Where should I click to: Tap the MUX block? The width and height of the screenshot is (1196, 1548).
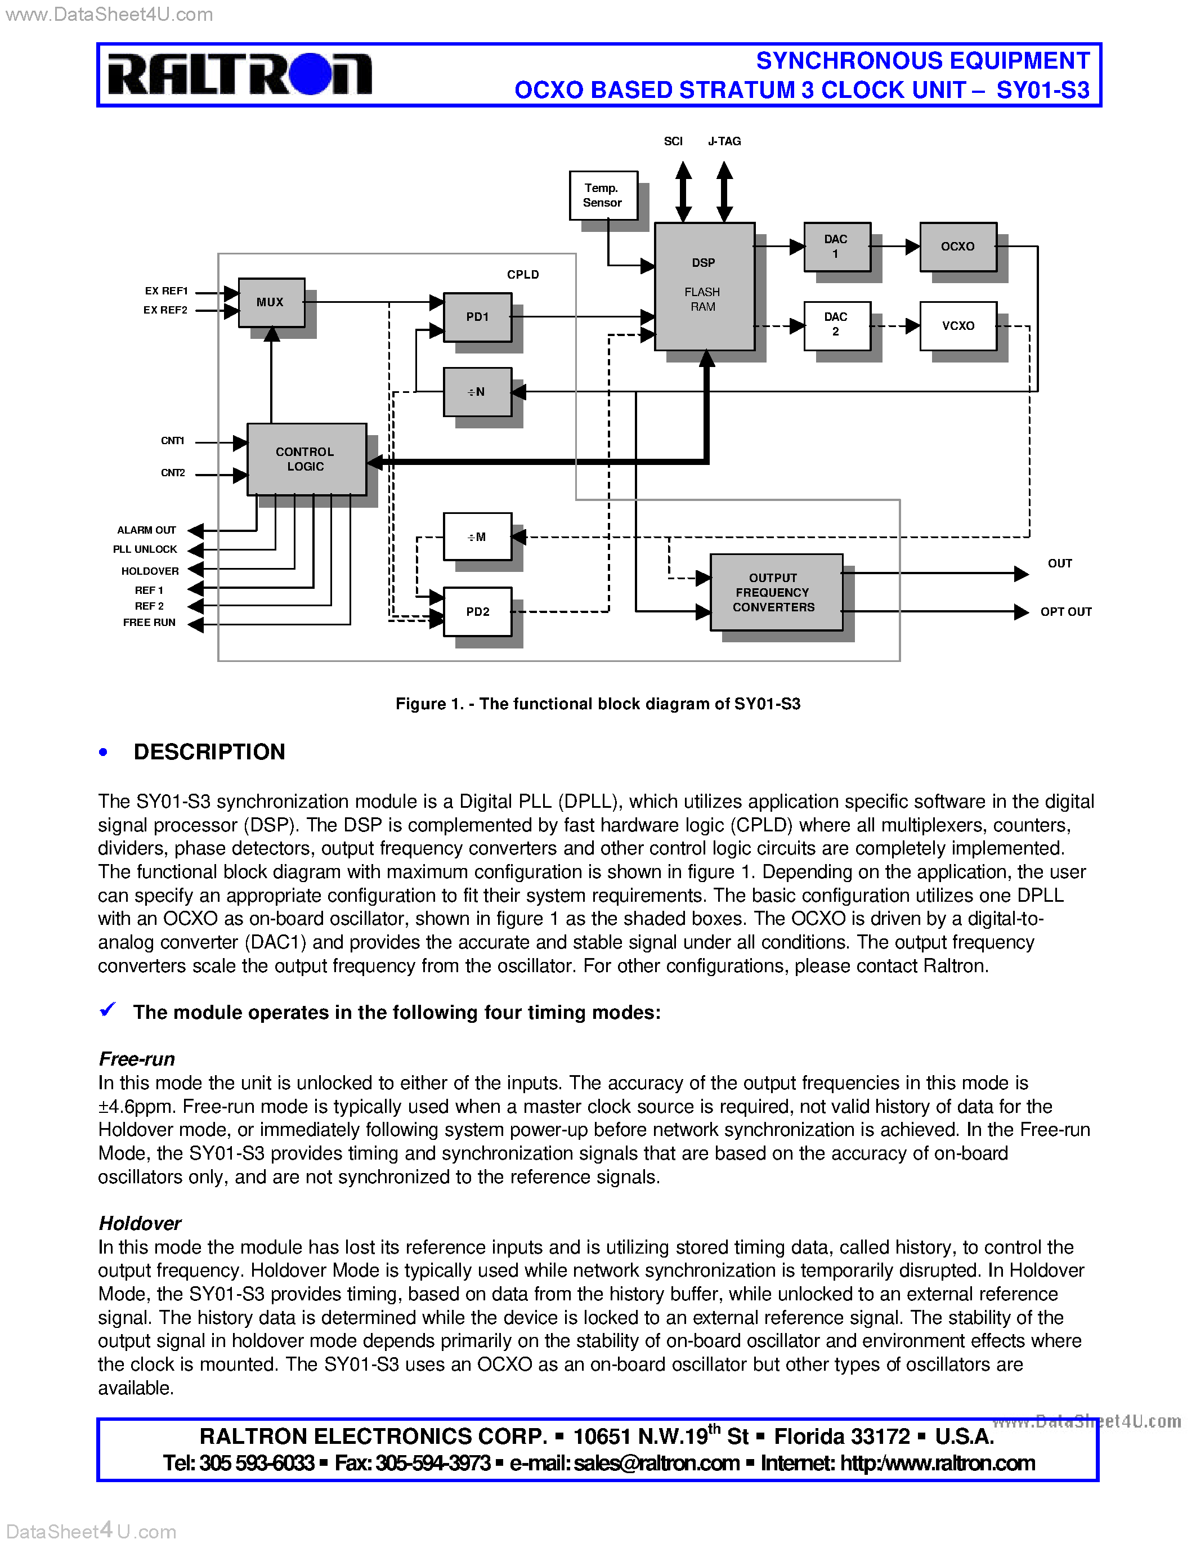click(x=271, y=302)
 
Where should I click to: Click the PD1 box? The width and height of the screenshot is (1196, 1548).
click(x=477, y=317)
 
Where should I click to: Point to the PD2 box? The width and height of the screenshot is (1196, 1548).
click(x=477, y=611)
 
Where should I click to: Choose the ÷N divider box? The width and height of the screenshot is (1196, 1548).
click(x=477, y=391)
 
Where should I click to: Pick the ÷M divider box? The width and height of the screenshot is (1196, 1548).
click(x=477, y=536)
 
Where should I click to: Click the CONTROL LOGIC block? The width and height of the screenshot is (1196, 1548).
click(x=306, y=459)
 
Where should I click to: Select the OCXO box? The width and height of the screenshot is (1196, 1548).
click(x=957, y=247)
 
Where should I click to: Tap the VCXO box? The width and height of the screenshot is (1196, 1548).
click(x=957, y=325)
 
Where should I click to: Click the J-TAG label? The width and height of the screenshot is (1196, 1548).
click(x=724, y=141)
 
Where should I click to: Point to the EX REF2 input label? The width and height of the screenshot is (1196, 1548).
click(x=165, y=310)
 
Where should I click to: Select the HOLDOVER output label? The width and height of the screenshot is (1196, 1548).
click(x=150, y=571)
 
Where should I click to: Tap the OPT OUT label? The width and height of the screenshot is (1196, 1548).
click(x=1065, y=612)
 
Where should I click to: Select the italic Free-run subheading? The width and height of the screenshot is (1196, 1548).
click(x=137, y=1059)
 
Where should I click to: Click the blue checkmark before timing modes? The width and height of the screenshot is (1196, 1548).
click(x=107, y=1009)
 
